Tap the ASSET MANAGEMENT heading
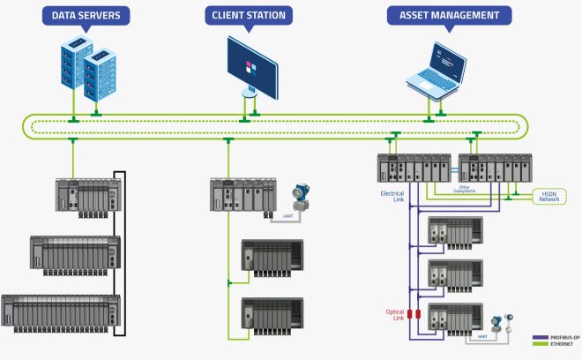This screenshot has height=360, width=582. pos(437,15)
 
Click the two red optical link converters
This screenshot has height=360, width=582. pos(413,314)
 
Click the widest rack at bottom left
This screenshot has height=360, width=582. pos(60,312)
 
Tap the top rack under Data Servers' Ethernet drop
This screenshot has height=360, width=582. pos(87,199)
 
